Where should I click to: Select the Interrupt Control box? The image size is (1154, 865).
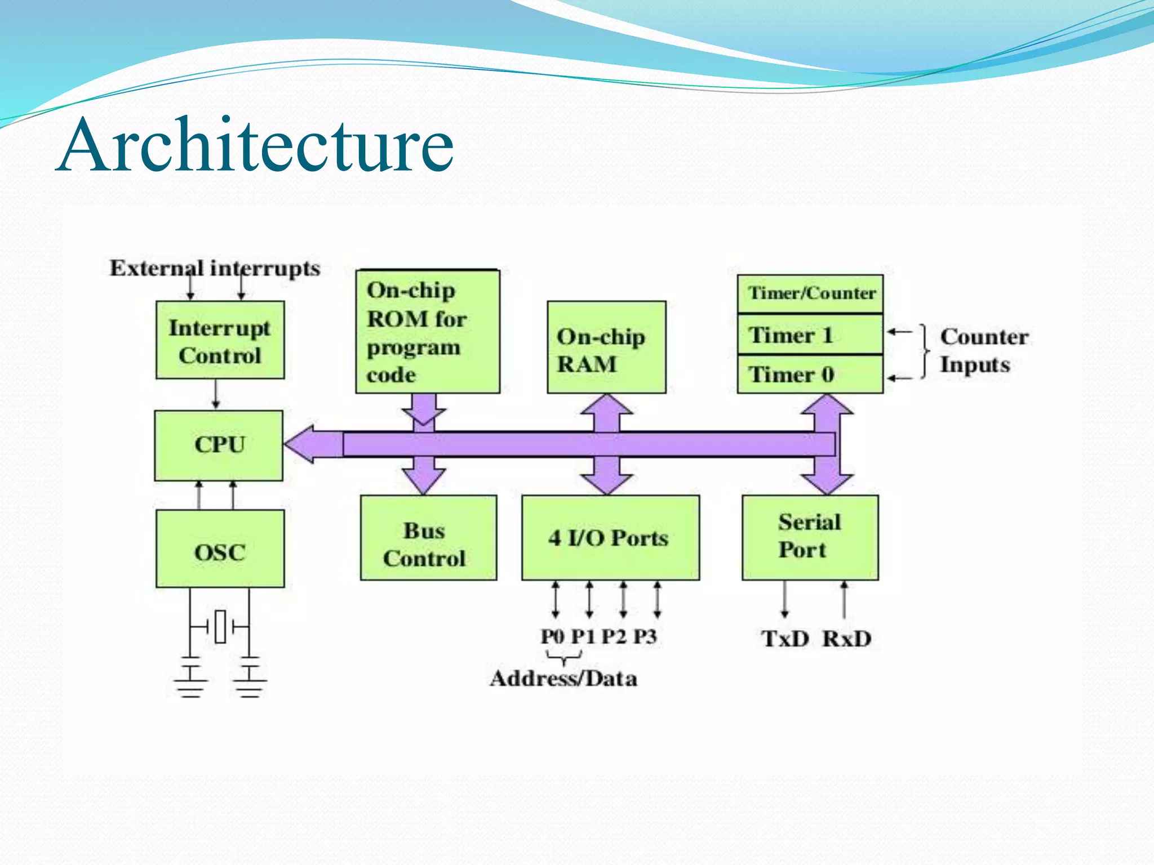coord(220,340)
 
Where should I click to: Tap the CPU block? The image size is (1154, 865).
coord(219,445)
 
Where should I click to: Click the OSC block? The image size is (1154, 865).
coord(220,549)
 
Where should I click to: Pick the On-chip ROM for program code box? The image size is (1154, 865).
coord(427,332)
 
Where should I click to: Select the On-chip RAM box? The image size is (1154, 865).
coord(606,347)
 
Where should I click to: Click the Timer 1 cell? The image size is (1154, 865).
coord(810,335)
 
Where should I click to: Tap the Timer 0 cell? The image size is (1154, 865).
coord(810,374)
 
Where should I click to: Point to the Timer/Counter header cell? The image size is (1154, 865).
coord(810,293)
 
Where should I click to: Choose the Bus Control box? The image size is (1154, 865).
coord(428,538)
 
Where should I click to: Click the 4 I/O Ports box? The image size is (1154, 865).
coord(610,538)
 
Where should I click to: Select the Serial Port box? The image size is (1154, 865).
coord(810,537)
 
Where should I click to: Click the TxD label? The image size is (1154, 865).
coord(784,639)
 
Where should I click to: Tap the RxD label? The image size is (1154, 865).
coord(846,639)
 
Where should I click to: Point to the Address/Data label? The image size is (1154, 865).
coord(563,679)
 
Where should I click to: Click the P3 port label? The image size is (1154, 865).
coord(645,637)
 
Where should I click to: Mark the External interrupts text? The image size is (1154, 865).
coord(215,268)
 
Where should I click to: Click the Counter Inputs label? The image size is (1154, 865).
coord(983,350)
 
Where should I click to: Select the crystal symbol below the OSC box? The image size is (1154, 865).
coord(220,626)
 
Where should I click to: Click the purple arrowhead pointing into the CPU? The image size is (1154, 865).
coord(304,444)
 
